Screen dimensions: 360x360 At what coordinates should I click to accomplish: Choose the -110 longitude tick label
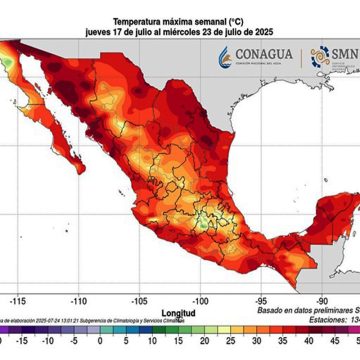click(x=107, y=298)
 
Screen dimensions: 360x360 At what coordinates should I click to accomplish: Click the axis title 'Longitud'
click(x=179, y=310)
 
